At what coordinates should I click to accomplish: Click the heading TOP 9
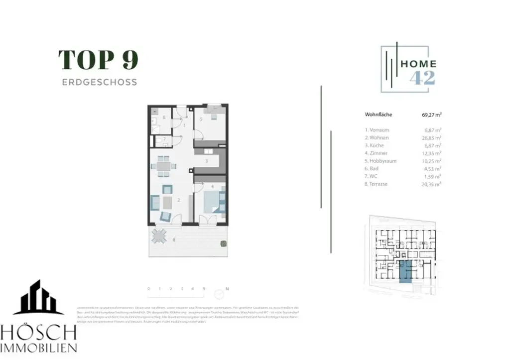99,60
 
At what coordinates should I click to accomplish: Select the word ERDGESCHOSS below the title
99,82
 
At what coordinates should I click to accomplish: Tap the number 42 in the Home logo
422,78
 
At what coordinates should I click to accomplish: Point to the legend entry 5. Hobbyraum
381,161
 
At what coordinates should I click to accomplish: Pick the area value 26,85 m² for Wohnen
432,138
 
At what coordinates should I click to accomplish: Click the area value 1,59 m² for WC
433,176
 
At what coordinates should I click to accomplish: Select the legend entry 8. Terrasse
377,184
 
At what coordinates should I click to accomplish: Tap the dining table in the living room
163,167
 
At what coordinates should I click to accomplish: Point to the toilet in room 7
158,141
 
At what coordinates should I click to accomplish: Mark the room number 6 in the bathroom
164,118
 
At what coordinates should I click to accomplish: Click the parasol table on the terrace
159,236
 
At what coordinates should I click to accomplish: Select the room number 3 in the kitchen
206,161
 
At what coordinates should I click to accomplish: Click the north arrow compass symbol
218,293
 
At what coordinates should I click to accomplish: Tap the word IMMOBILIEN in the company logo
38,348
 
